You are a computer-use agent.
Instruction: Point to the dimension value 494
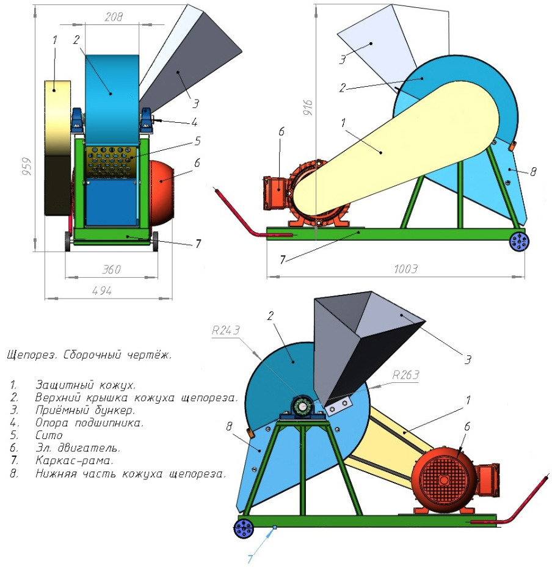101,291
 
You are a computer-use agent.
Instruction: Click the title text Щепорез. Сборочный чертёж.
89,355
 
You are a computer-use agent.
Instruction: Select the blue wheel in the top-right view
520,241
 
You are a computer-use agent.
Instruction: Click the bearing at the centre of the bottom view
303,407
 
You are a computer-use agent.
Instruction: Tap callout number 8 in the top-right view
533,173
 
